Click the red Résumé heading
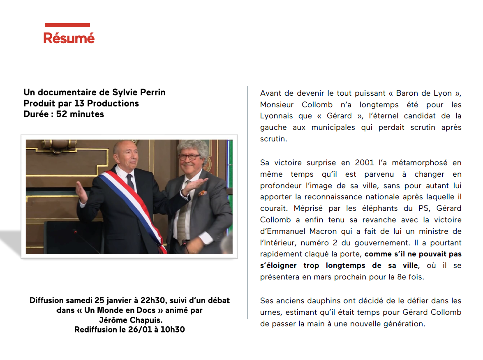(x=69, y=38)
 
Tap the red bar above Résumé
(x=67, y=25)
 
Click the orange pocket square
(x=203, y=192)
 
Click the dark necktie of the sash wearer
(x=130, y=181)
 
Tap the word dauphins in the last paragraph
(x=319, y=301)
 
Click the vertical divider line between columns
(x=247, y=201)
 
